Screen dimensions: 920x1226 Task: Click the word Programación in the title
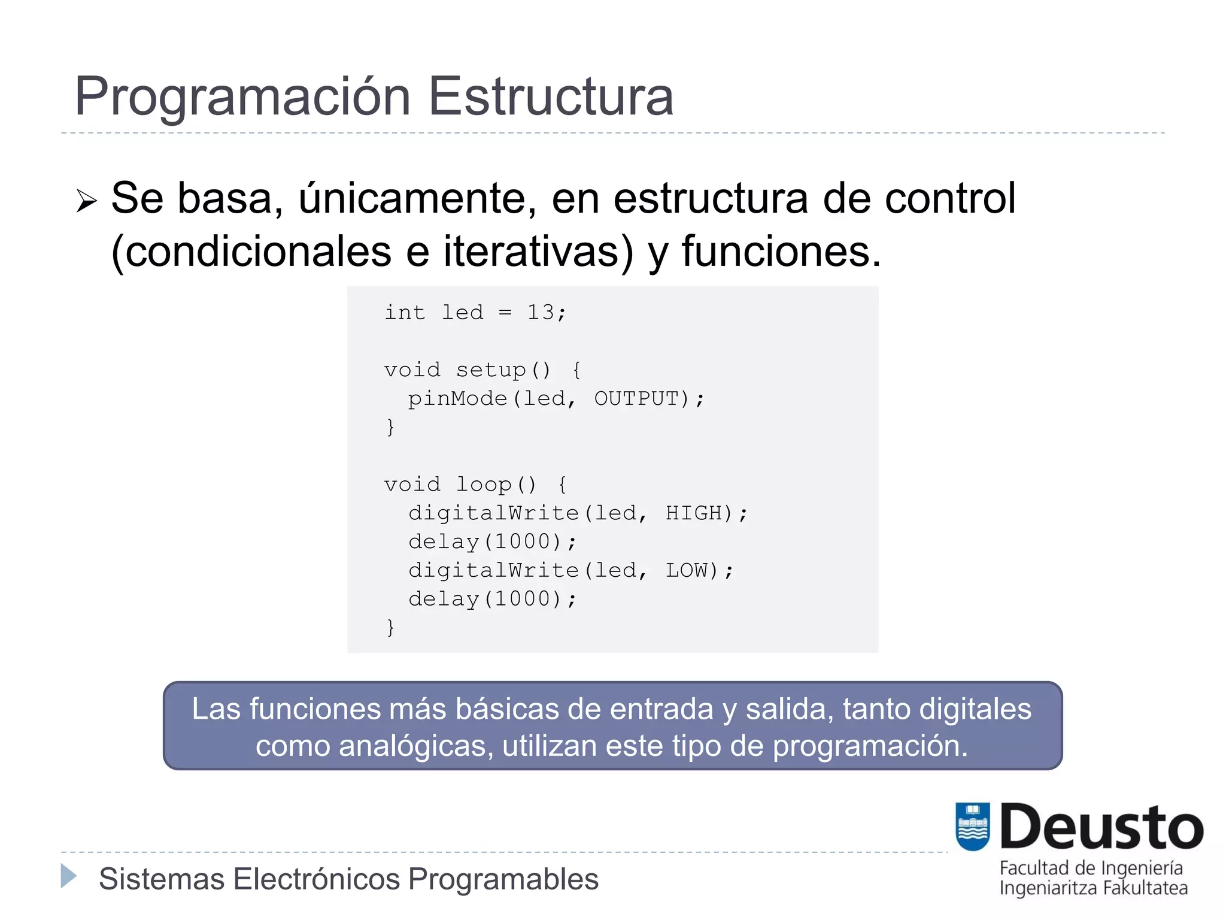point(242,97)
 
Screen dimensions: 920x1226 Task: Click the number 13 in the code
point(541,312)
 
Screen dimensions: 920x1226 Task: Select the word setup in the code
point(491,370)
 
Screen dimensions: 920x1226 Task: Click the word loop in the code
point(484,484)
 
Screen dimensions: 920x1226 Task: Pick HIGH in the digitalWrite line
point(694,513)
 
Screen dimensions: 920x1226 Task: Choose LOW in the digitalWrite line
point(687,570)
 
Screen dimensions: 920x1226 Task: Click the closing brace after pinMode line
point(390,427)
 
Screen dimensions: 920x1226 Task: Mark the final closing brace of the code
point(390,627)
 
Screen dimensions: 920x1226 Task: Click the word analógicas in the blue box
point(415,746)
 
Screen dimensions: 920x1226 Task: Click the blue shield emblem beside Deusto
point(973,827)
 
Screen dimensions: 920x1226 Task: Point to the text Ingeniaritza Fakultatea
point(1093,888)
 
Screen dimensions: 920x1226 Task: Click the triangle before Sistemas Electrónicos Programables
point(69,876)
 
